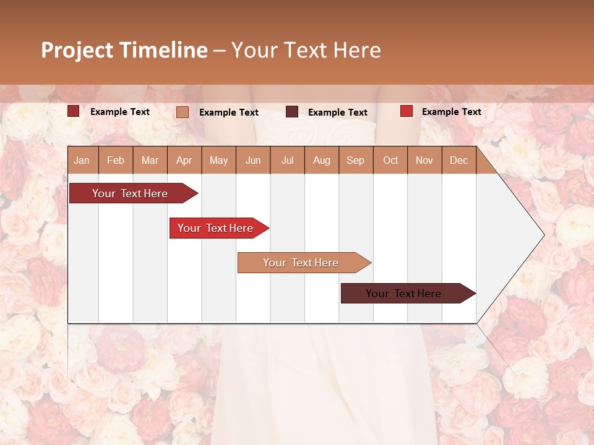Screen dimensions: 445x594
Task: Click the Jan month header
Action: coord(82,160)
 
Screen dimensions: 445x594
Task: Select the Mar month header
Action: coord(150,160)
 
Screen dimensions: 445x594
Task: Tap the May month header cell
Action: coord(218,160)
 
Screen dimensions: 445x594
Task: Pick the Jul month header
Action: coord(287,160)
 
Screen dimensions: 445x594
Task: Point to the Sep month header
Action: coord(356,160)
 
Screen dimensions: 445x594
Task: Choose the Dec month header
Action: coord(458,160)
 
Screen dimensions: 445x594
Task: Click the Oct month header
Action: coord(390,160)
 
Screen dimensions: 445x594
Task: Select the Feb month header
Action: coord(116,160)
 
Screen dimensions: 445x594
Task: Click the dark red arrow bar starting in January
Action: coord(131,193)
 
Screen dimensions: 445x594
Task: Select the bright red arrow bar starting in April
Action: coord(216,228)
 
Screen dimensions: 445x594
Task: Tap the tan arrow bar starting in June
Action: coord(301,263)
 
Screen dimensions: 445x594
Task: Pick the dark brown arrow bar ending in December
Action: coord(404,294)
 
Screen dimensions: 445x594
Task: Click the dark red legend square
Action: coord(74,111)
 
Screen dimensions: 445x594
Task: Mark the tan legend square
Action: coord(183,112)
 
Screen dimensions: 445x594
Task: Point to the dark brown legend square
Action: coord(292,112)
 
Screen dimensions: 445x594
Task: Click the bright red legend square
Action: coord(407,111)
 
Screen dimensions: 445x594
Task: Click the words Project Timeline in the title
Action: coord(124,50)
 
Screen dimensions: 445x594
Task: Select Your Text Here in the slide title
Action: coord(306,50)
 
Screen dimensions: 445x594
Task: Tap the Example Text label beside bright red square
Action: coord(451,111)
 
